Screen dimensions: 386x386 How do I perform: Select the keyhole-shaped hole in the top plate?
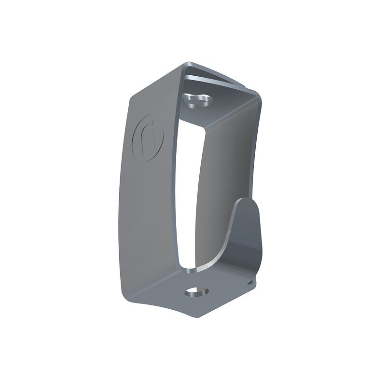(x=197, y=100)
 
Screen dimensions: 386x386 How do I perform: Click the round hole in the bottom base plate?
(x=196, y=292)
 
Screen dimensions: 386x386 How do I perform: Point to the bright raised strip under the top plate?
(x=212, y=80)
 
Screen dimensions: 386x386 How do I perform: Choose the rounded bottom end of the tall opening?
(x=186, y=263)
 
